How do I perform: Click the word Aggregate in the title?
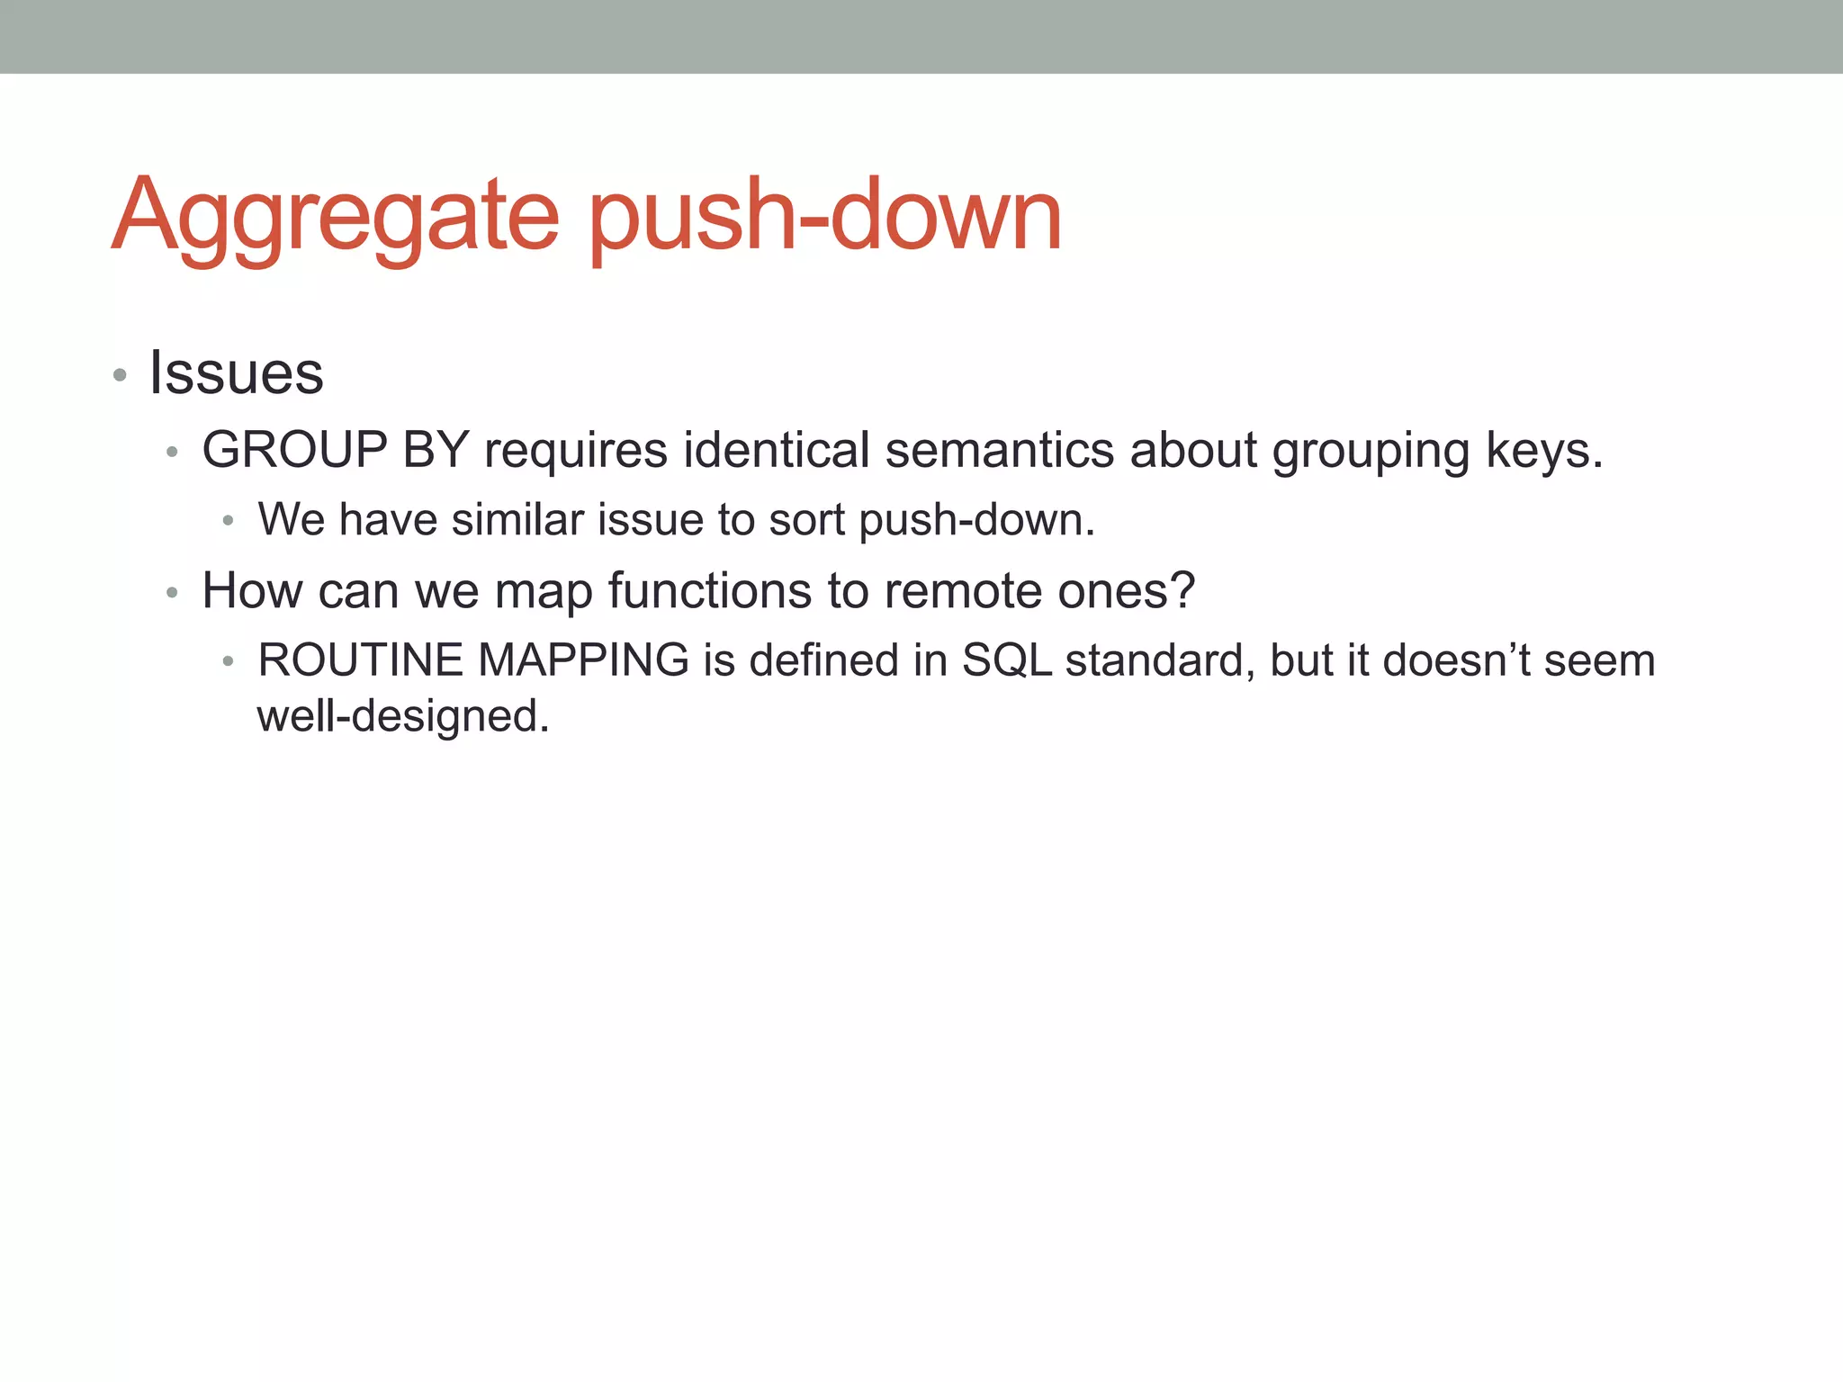(x=335, y=216)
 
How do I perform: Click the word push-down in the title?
(x=825, y=216)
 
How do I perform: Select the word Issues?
(x=236, y=372)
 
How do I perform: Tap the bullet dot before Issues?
(x=120, y=374)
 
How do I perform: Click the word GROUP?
(x=294, y=449)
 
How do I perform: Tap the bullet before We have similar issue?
(x=229, y=520)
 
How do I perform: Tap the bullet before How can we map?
(x=173, y=592)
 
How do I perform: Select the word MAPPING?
(x=583, y=660)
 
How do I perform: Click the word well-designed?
(x=402, y=717)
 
